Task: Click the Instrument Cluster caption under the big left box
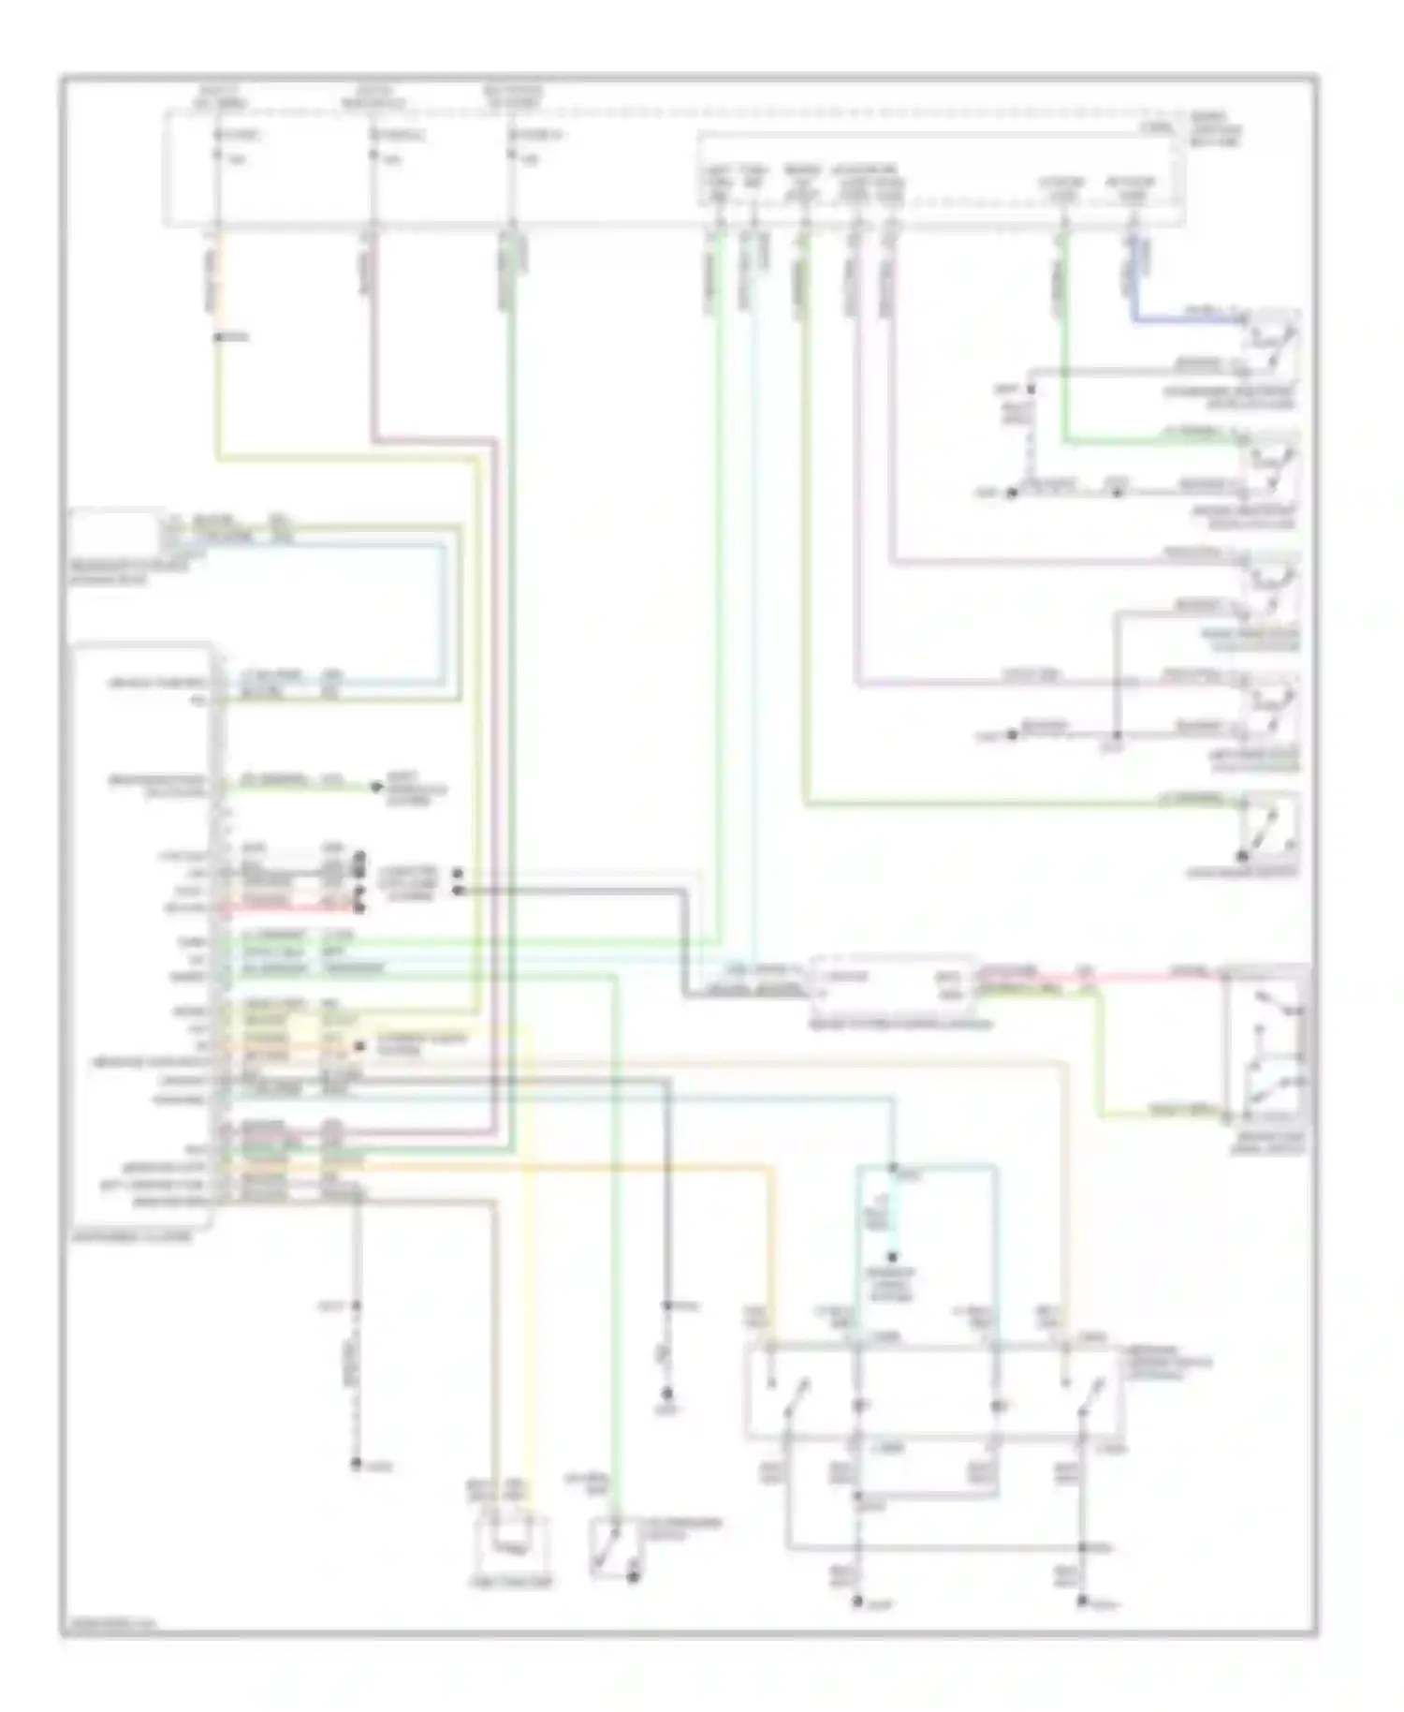130,1236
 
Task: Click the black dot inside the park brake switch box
1243,856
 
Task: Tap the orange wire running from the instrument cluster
562,1166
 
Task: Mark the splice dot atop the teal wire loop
893,1168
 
